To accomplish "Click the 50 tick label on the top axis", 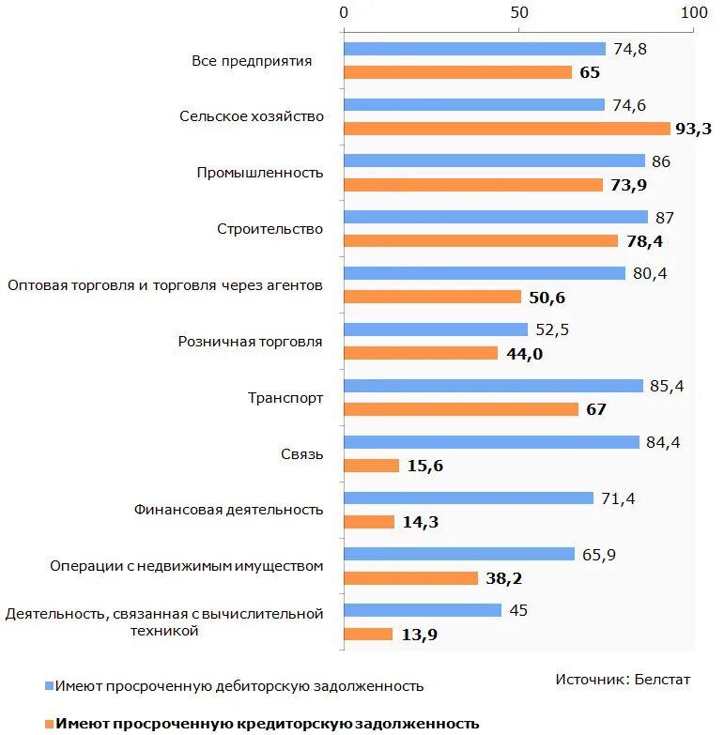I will pyautogui.click(x=518, y=13).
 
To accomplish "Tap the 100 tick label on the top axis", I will pyautogui.click(x=694, y=13).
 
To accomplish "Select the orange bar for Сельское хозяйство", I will pyautogui.click(x=507, y=129).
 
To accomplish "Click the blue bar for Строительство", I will pyautogui.click(x=496, y=217).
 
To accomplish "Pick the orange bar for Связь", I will pyautogui.click(x=372, y=466).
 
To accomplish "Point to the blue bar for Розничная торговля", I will pyautogui.click(x=436, y=329).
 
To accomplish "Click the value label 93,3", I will pyautogui.click(x=693, y=129).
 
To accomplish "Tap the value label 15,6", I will pyautogui.click(x=424, y=466).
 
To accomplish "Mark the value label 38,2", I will pyautogui.click(x=503, y=578).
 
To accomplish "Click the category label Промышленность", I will pyautogui.click(x=260, y=173).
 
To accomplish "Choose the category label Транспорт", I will pyautogui.click(x=285, y=398).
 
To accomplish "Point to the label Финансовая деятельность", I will pyautogui.click(x=229, y=510).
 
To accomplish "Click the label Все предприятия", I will pyautogui.click(x=252, y=61).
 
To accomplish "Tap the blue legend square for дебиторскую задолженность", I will pyautogui.click(x=48, y=686).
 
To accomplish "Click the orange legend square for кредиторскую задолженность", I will pyautogui.click(x=48, y=724).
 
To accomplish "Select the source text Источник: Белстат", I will pyautogui.click(x=622, y=679).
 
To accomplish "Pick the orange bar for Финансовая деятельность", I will pyautogui.click(x=369, y=522).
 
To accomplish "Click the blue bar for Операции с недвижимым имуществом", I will pyautogui.click(x=459, y=554).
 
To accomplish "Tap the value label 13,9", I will pyautogui.click(x=420, y=635).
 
